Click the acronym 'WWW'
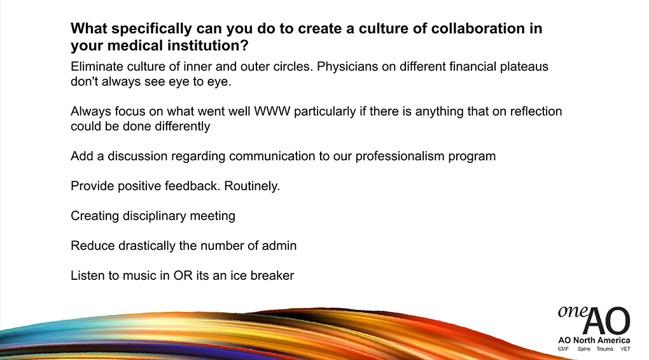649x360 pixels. coord(272,111)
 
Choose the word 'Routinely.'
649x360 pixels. coord(252,186)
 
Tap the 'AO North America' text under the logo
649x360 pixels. coord(594,340)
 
